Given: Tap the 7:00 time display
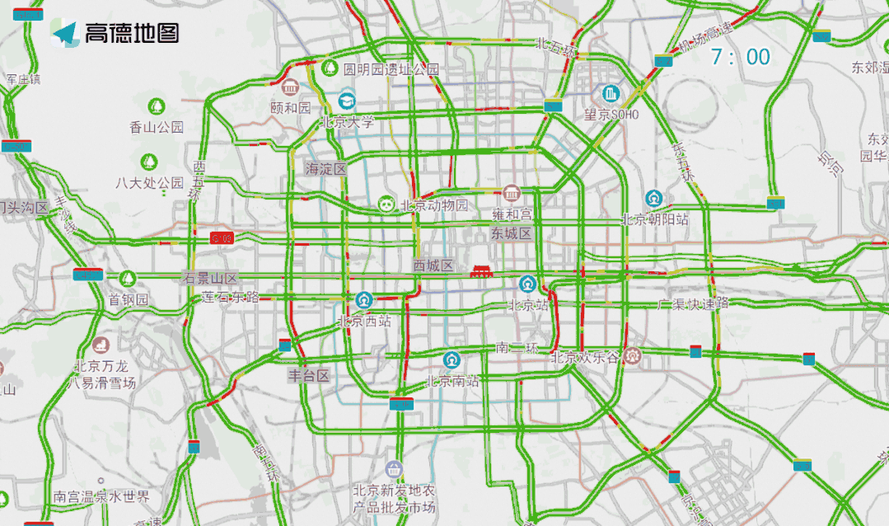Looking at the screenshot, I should [741, 57].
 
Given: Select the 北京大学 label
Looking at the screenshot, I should [347, 122].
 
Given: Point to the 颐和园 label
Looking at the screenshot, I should [290, 107].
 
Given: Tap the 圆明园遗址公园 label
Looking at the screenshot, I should [391, 69].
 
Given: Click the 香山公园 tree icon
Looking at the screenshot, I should [156, 106].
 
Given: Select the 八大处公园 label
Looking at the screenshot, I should [149, 182].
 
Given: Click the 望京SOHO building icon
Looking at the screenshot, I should [611, 93].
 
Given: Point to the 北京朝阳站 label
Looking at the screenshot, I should [654, 219].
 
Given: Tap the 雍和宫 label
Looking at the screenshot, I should [512, 214].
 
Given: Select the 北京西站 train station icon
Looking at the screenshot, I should [363, 299].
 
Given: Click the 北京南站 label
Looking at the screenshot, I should [452, 381].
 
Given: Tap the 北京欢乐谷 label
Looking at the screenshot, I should [586, 357].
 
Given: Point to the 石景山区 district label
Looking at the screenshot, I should [210, 278].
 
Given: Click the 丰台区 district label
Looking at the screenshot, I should [308, 376].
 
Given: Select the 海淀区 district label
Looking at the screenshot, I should [325, 168].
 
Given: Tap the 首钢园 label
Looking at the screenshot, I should [129, 299].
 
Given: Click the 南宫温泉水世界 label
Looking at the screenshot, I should [101, 497].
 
